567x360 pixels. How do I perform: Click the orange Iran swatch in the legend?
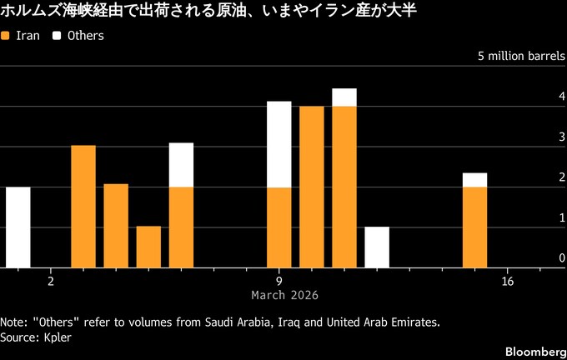tap(7, 37)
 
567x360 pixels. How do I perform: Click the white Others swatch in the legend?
tap(58, 37)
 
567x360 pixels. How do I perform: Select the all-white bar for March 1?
tap(18, 227)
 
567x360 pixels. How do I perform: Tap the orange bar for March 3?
tap(83, 207)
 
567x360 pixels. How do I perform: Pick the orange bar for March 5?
tap(148, 247)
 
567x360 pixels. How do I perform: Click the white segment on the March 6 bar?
tap(181, 165)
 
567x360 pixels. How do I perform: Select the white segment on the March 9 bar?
tap(279, 144)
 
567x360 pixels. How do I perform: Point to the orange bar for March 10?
tap(312, 187)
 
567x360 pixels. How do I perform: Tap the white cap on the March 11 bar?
tap(344, 97)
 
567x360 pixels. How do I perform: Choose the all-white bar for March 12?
tap(377, 247)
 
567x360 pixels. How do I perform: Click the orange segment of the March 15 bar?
tap(475, 227)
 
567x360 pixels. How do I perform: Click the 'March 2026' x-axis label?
tap(284, 296)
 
